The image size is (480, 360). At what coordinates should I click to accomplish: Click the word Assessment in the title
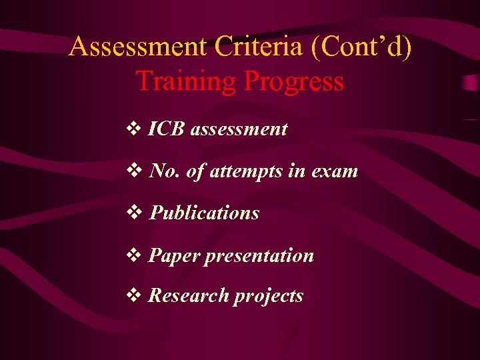[x=138, y=47]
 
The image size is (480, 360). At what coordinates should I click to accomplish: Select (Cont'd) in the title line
[x=363, y=47]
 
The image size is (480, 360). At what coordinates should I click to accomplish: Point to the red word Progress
[x=294, y=81]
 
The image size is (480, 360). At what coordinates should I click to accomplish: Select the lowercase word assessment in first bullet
[x=239, y=129]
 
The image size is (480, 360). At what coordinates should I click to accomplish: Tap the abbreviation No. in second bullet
[x=165, y=171]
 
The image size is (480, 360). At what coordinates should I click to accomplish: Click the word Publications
[x=204, y=213]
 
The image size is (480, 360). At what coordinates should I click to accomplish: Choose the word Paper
[x=173, y=255]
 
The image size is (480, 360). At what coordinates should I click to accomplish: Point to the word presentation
[x=259, y=256]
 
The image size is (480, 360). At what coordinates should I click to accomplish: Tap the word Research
[x=187, y=295]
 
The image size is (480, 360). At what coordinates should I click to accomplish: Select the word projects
[x=268, y=296]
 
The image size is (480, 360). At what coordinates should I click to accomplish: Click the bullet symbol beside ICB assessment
[x=135, y=129]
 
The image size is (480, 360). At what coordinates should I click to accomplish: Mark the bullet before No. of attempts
[x=135, y=172]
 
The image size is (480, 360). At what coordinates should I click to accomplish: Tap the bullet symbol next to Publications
[x=135, y=213]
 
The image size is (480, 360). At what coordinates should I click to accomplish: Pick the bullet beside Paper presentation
[x=135, y=256]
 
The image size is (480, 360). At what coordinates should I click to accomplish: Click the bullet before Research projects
[x=135, y=296]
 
